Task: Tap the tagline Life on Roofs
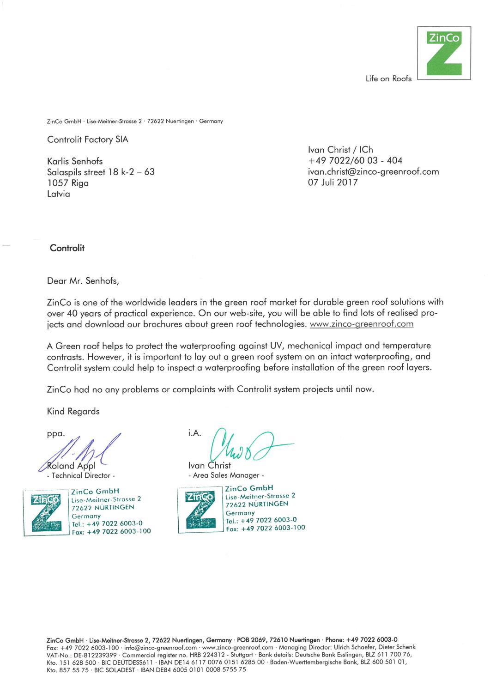click(388, 79)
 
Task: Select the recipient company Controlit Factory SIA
click(88, 140)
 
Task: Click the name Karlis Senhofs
click(75, 161)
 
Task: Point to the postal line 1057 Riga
click(68, 183)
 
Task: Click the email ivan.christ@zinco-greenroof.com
click(373, 172)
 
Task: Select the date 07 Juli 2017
click(333, 182)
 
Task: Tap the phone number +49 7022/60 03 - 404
click(355, 161)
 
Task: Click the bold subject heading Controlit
click(67, 248)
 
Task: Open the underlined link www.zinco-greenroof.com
click(362, 324)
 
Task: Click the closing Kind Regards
click(73, 411)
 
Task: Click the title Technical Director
click(81, 475)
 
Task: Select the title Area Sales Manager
click(226, 475)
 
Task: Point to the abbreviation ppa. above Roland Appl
click(56, 434)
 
